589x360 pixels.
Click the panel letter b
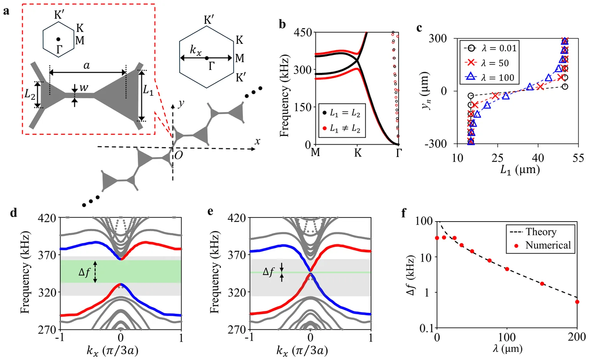click(x=282, y=25)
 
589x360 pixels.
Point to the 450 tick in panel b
click(x=303, y=33)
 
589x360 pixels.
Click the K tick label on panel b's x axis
click(x=358, y=153)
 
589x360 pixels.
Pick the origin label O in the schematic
click(x=179, y=155)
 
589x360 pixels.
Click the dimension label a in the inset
click(x=87, y=66)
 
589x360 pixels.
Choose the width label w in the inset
click(x=84, y=88)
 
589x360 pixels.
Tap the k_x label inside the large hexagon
click(x=195, y=50)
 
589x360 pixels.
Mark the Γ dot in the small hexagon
click(x=58, y=39)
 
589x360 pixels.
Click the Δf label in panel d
click(x=85, y=272)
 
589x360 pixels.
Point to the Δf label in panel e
click(x=268, y=272)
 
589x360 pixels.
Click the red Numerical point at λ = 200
click(x=577, y=302)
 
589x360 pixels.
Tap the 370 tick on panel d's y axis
click(x=47, y=255)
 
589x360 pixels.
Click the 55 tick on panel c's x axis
click(x=578, y=158)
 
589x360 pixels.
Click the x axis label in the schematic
click(x=257, y=142)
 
